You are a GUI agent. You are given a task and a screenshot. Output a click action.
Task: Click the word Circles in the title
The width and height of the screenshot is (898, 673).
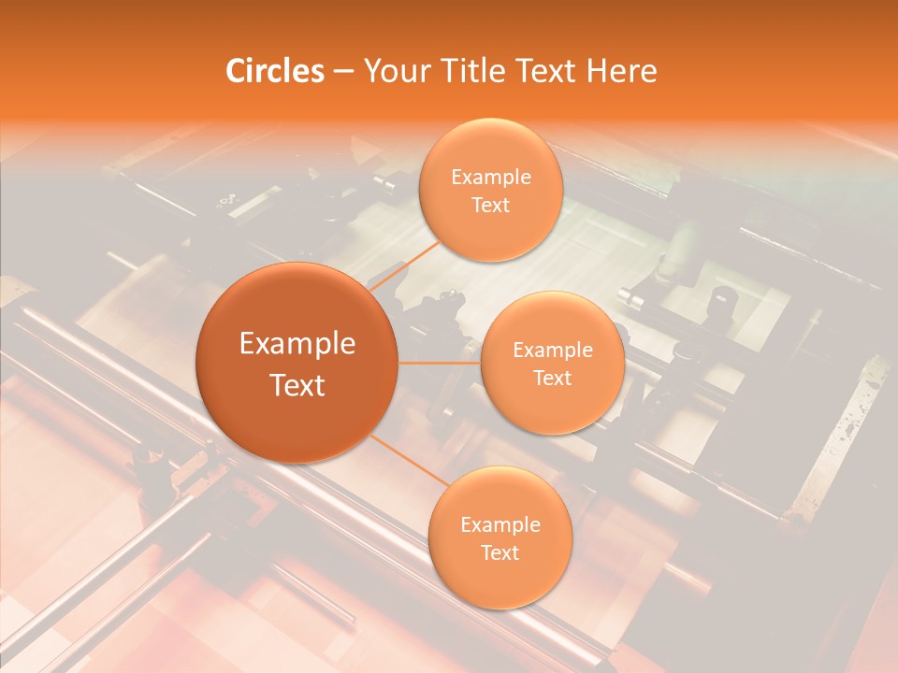[274, 71]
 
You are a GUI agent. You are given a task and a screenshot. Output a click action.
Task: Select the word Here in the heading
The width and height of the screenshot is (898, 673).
[621, 71]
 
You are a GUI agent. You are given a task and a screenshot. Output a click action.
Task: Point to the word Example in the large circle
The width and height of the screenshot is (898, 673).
[297, 344]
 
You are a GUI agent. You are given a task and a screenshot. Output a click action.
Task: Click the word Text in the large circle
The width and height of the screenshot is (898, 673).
[297, 385]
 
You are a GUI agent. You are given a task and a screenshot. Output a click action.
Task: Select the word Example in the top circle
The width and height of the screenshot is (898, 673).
[491, 178]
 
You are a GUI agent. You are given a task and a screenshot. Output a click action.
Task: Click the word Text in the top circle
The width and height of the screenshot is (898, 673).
[491, 205]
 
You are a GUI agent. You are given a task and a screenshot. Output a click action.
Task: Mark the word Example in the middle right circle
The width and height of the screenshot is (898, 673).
[553, 351]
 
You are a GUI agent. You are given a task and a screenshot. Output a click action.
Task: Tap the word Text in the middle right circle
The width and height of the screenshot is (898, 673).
[553, 378]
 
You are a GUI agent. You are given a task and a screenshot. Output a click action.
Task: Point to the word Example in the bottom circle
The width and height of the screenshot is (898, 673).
[500, 524]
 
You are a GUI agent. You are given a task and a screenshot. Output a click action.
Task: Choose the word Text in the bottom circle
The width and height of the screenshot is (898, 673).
[500, 552]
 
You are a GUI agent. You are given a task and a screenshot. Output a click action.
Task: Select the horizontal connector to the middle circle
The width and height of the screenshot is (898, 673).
[440, 362]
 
